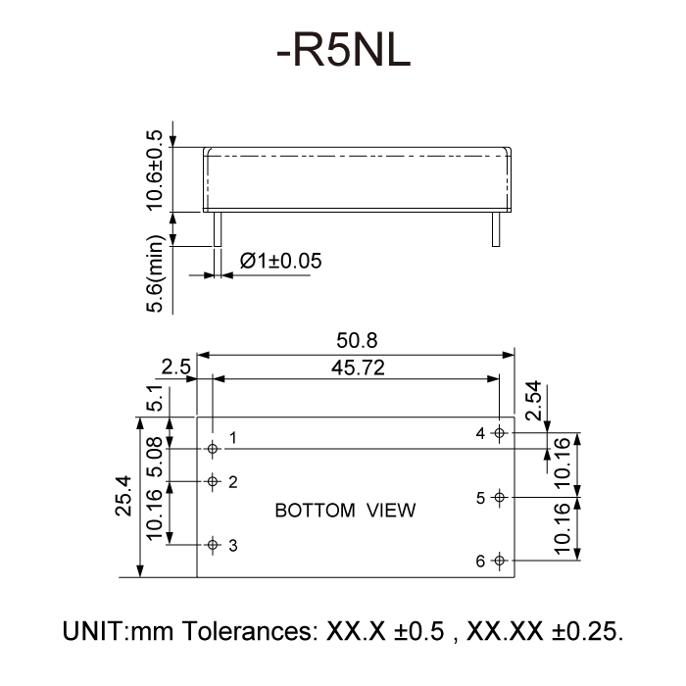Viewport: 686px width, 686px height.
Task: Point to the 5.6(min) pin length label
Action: click(154, 275)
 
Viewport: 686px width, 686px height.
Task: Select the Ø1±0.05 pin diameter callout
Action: click(280, 261)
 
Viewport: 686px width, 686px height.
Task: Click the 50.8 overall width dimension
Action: click(357, 341)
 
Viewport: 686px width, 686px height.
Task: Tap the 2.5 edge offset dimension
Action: click(175, 367)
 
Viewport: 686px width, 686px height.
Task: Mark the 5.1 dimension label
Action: click(154, 400)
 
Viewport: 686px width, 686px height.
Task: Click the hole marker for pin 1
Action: click(213, 448)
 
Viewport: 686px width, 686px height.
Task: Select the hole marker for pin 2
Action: click(213, 481)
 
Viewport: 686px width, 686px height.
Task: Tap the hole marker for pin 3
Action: click(213, 545)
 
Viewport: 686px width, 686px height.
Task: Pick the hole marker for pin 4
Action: click(499, 433)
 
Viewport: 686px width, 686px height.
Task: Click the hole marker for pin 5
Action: click(499, 497)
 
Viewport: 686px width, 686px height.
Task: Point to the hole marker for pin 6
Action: click(499, 561)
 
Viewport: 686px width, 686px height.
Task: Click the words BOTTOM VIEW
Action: click(345, 511)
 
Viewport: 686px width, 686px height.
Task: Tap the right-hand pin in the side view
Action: click(497, 229)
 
